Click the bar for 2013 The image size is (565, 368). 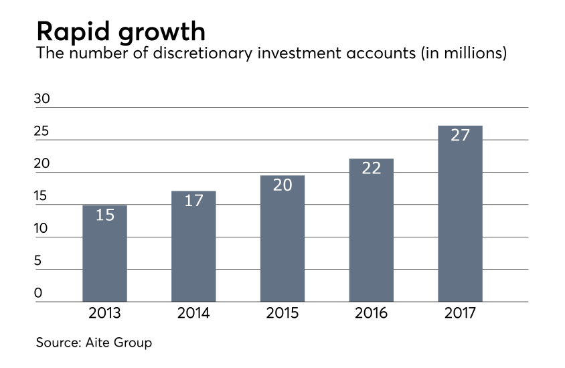[104, 254]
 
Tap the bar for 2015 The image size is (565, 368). [282, 239]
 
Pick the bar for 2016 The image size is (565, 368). [372, 230]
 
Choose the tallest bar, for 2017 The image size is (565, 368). [460, 213]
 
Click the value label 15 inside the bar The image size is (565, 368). [104, 215]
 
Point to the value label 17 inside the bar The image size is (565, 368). [193, 201]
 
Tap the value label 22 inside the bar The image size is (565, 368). [372, 169]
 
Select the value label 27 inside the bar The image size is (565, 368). [460, 135]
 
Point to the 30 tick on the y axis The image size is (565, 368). [42, 98]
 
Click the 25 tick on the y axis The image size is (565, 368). [42, 131]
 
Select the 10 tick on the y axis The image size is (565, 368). [42, 228]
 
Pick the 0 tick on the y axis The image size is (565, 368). [38, 293]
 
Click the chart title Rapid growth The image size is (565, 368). [120, 31]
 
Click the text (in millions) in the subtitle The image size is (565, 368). [463, 54]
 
